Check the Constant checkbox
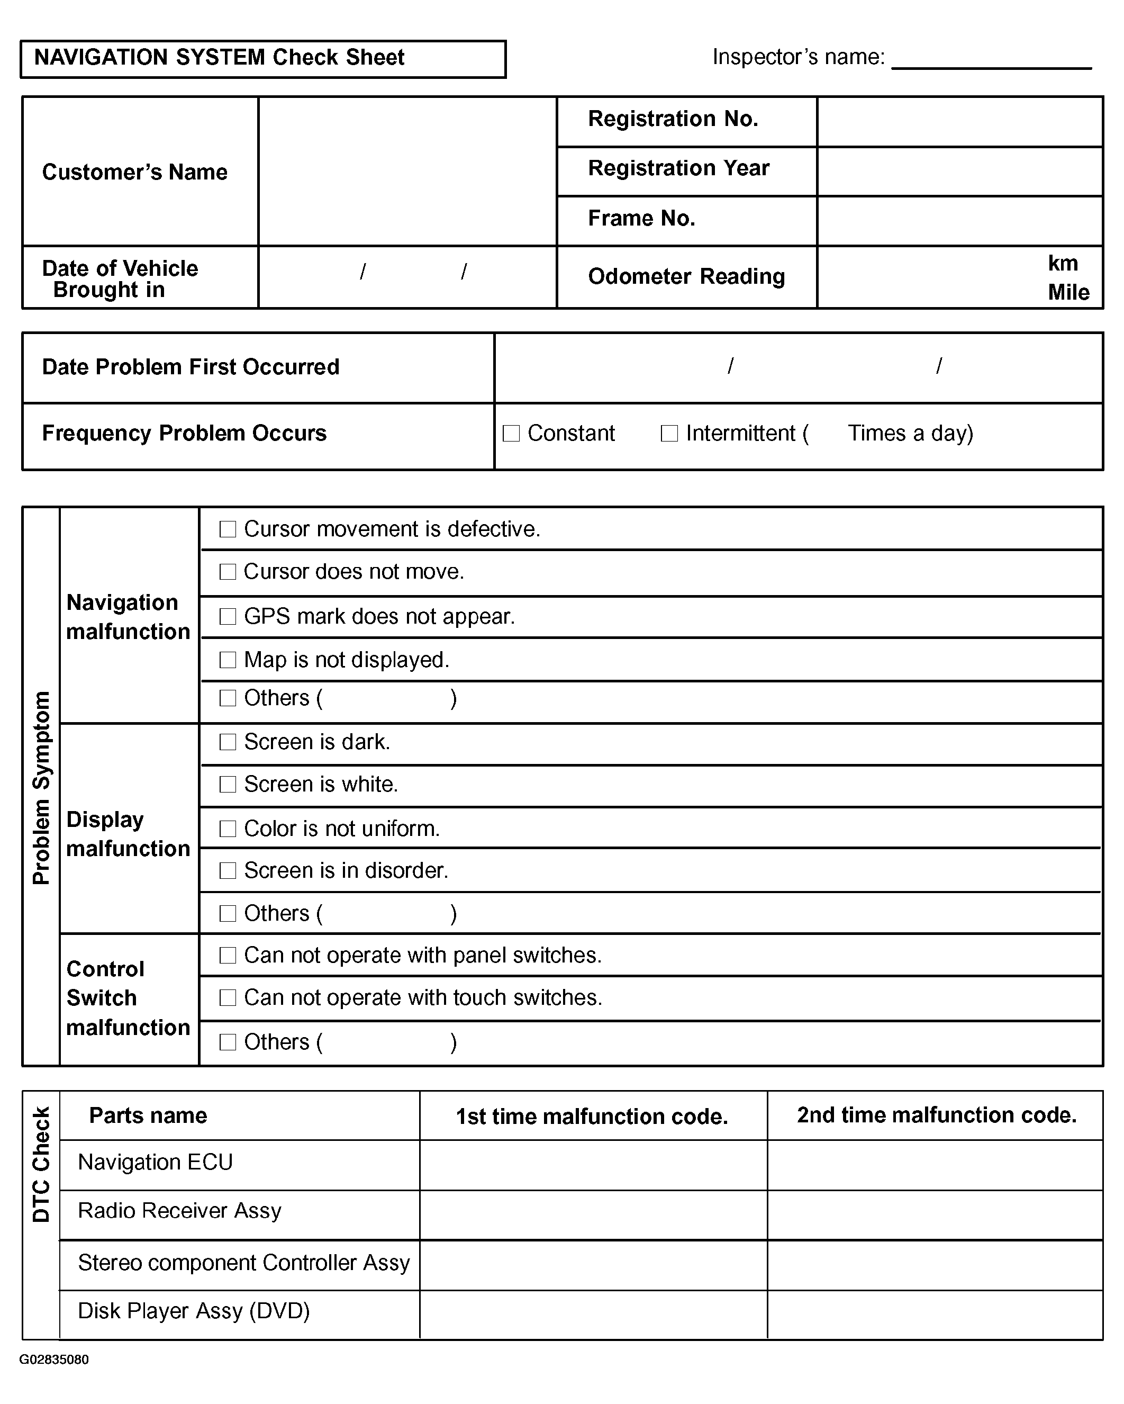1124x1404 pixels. click(x=512, y=433)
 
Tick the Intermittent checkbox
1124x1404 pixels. click(x=669, y=433)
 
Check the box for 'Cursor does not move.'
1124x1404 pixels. click(x=228, y=572)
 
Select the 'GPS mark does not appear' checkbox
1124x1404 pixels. click(x=228, y=616)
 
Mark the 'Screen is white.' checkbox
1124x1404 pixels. click(x=228, y=784)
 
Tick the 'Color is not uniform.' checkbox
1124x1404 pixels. click(x=228, y=829)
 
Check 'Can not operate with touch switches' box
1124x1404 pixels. click(x=228, y=997)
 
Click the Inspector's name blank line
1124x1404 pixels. click(x=991, y=60)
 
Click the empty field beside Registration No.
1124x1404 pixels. click(x=959, y=122)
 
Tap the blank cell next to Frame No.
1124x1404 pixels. click(x=959, y=221)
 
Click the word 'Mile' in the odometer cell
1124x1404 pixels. click(x=1068, y=292)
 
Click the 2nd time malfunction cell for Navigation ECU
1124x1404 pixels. click(x=935, y=1165)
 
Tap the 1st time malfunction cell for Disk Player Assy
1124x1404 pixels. click(x=593, y=1314)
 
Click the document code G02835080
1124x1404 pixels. click(x=54, y=1360)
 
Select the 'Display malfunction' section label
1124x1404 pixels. click(x=128, y=834)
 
